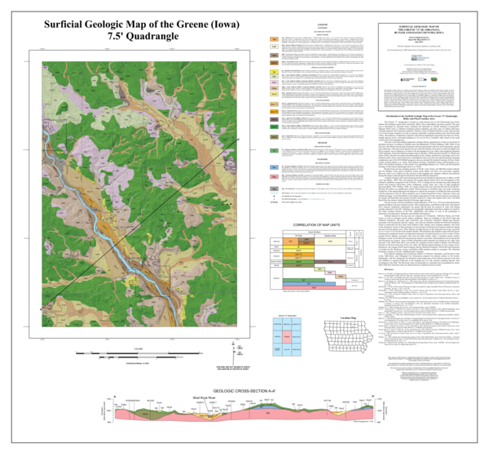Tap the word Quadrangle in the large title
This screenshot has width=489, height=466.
point(155,37)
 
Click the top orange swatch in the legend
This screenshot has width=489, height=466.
point(275,38)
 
